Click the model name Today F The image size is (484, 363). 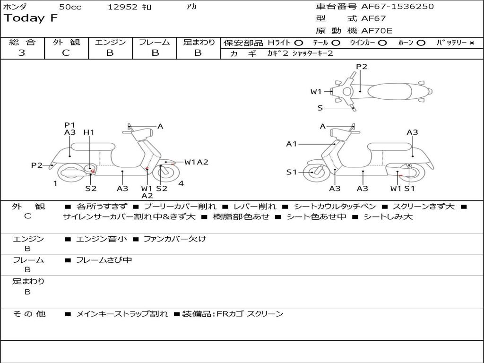(31, 18)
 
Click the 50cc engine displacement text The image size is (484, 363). (70, 7)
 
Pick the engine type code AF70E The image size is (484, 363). (377, 31)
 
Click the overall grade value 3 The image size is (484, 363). (22, 53)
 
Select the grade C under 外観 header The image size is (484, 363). (66, 53)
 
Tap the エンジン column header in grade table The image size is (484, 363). (110, 42)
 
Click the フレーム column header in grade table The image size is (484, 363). (154, 42)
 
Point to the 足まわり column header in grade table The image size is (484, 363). (199, 42)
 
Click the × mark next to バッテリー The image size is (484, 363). (471, 43)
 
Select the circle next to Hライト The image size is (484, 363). (298, 43)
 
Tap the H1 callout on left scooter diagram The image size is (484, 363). (89, 132)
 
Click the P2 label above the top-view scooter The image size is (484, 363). (362, 67)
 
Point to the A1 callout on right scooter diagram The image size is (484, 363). (292, 144)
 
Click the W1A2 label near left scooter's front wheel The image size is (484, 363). (196, 162)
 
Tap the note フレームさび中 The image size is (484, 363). (104, 260)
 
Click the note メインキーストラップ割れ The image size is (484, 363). (122, 314)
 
